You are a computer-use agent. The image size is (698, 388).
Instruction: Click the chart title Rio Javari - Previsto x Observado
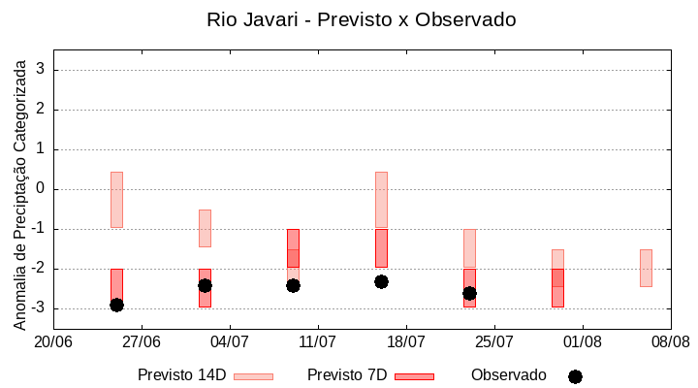(x=362, y=19)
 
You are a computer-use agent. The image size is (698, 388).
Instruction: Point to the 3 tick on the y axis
(x=41, y=70)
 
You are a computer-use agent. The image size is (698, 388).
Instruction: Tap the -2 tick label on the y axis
(x=38, y=269)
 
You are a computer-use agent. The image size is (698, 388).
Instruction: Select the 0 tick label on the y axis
(x=41, y=189)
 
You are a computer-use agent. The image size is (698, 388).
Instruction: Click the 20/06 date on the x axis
(x=53, y=341)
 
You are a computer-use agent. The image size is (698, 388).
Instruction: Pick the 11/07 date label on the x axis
(x=318, y=341)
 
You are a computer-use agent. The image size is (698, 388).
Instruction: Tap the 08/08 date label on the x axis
(x=670, y=341)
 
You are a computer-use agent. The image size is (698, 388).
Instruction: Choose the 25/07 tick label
(x=494, y=341)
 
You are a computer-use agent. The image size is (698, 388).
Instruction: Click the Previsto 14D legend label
(x=181, y=375)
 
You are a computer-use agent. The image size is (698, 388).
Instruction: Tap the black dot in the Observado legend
(x=575, y=376)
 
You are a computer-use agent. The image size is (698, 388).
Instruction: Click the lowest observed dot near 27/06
(x=116, y=305)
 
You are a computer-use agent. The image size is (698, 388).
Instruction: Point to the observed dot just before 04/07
(x=205, y=285)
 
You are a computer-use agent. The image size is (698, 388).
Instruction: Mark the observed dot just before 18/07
(x=381, y=281)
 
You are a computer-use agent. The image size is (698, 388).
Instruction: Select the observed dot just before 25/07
(x=469, y=293)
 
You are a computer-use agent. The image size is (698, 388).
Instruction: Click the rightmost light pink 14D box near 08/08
(x=646, y=268)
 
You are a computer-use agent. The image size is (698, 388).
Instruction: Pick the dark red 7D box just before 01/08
(x=557, y=288)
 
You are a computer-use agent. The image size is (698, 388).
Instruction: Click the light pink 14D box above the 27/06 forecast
(x=116, y=199)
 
